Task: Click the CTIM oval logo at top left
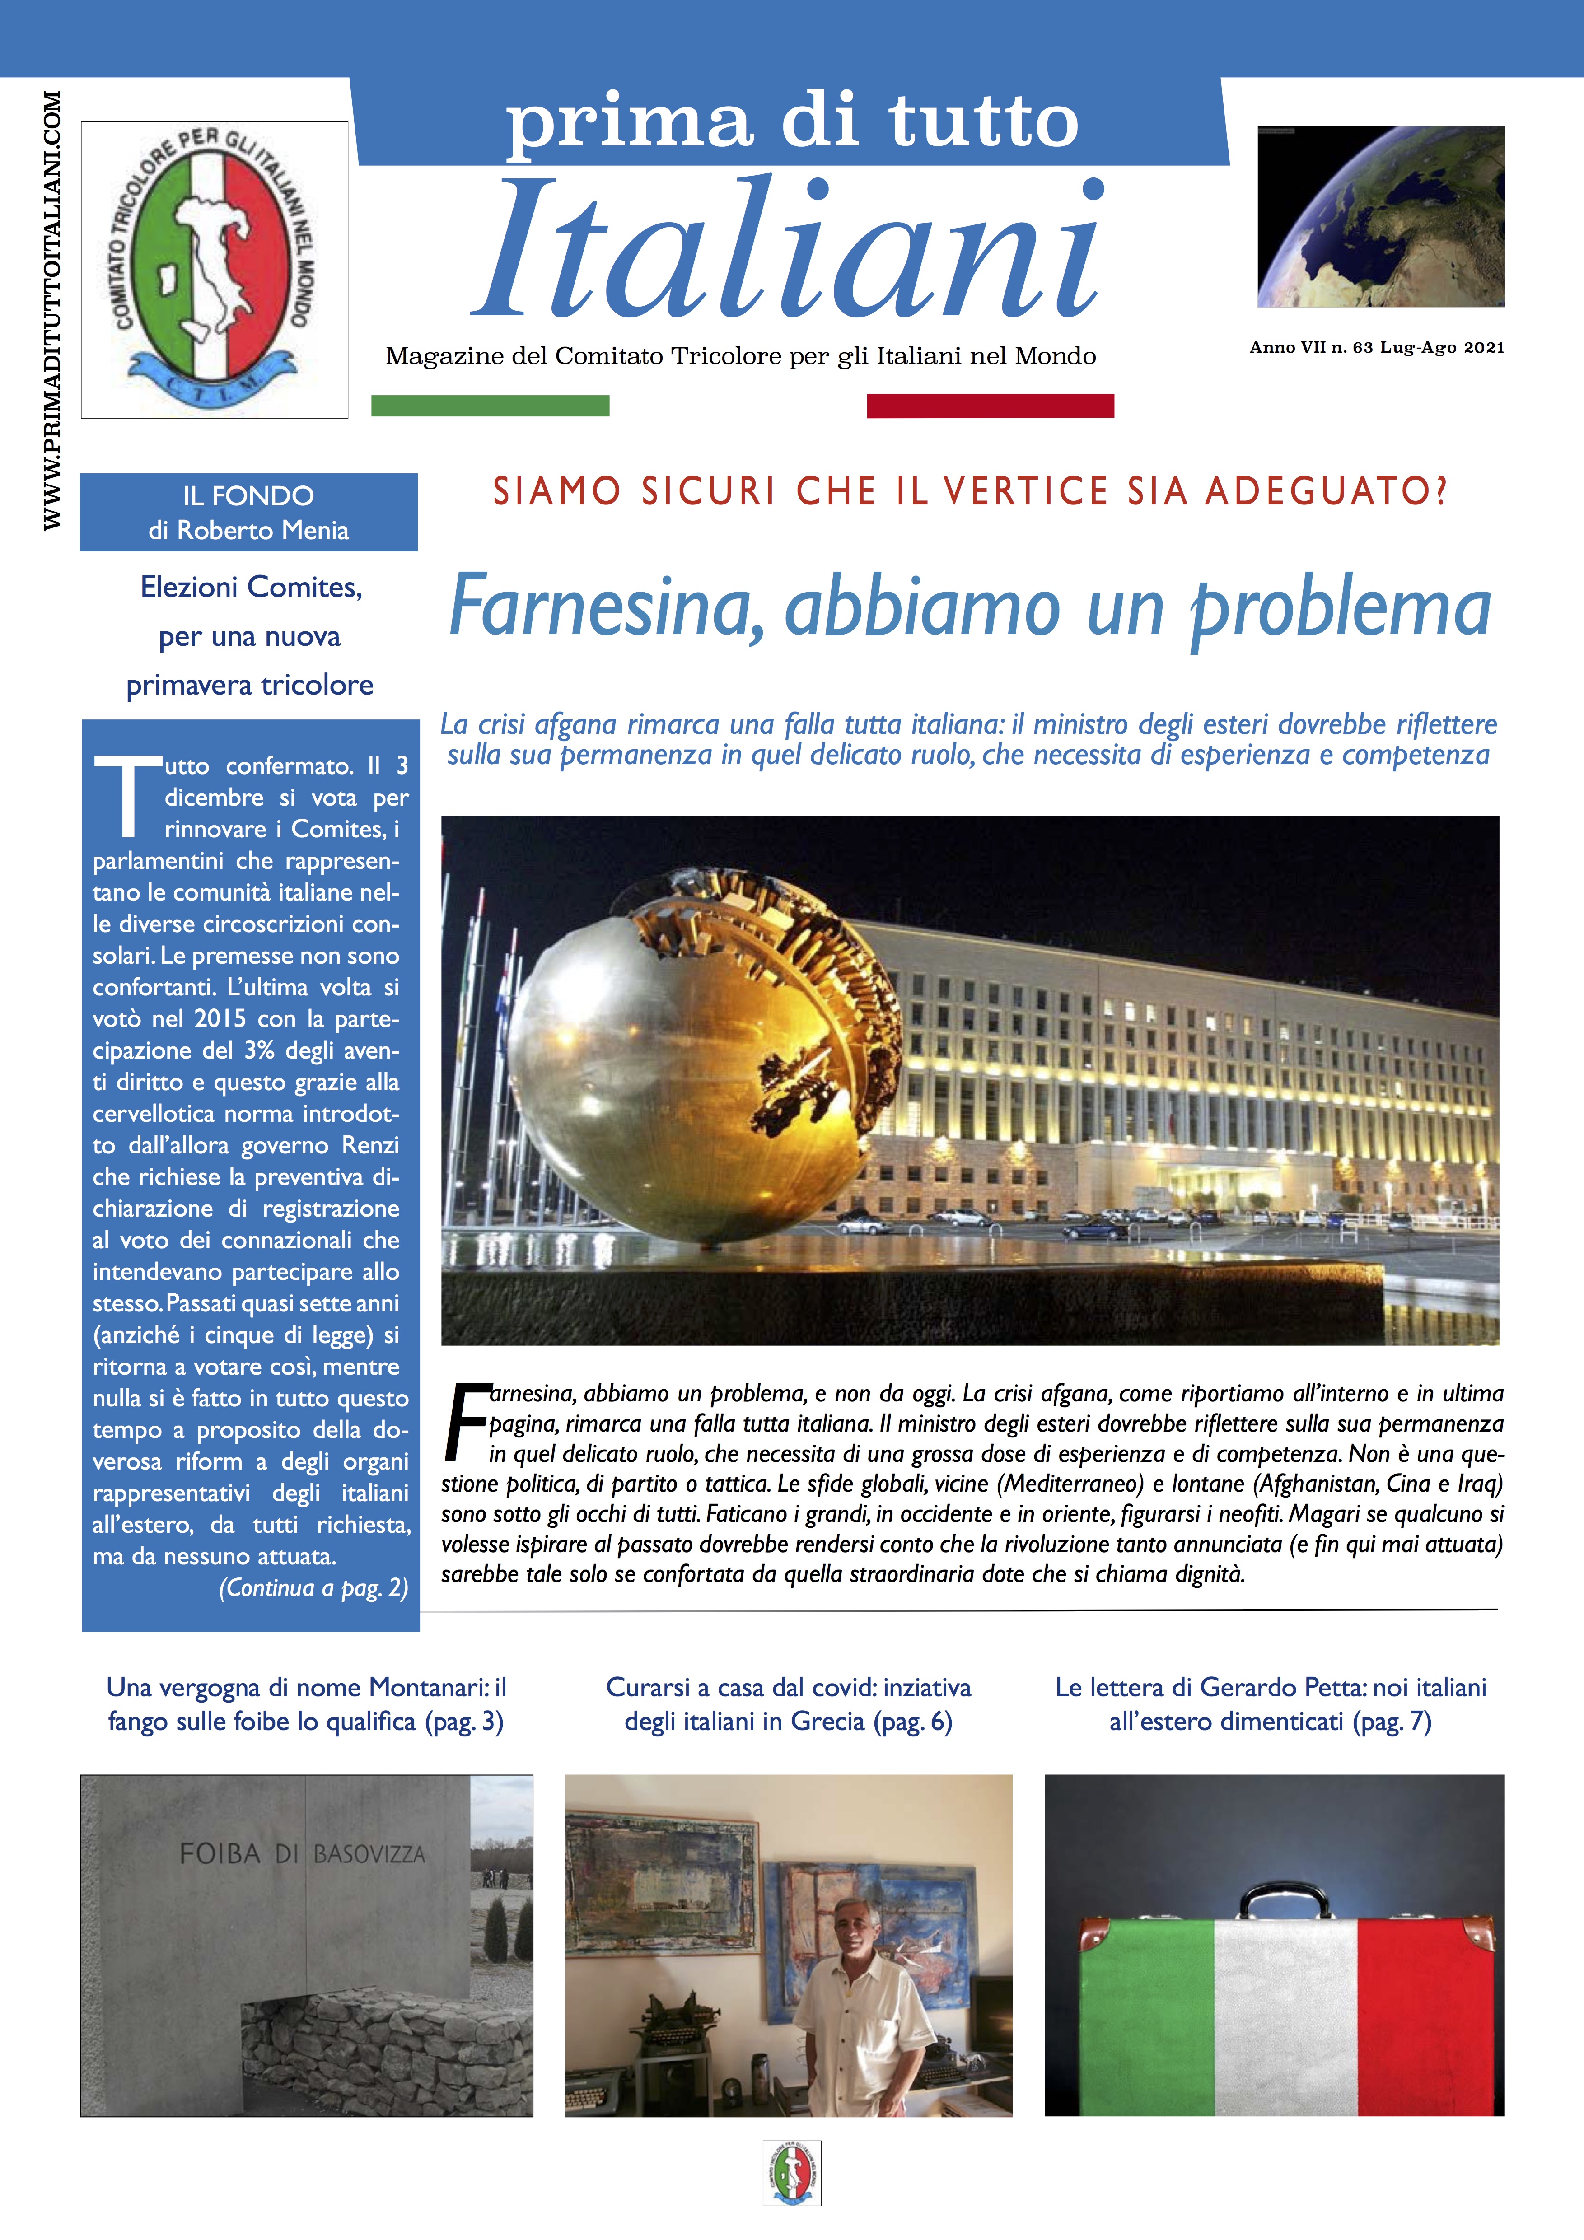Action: click(214, 269)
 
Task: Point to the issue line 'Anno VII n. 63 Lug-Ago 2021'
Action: click(1376, 347)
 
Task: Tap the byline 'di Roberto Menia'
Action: click(249, 531)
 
